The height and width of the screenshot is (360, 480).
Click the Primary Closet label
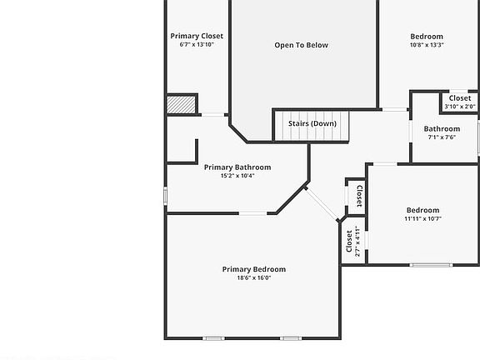(197, 36)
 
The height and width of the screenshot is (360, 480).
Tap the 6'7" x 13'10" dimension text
(197, 44)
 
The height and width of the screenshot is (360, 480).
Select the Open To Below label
(301, 45)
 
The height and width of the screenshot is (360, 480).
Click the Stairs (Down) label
(312, 123)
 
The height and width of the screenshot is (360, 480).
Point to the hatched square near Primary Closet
(181, 105)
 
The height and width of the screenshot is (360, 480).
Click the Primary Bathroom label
(237, 167)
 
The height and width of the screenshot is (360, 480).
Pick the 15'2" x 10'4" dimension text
(237, 176)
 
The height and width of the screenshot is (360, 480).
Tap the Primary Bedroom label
(254, 269)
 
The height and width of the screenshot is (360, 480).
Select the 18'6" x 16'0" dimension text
(254, 278)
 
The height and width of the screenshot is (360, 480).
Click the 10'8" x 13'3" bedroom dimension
(427, 45)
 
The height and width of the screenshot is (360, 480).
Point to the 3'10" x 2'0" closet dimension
(460, 107)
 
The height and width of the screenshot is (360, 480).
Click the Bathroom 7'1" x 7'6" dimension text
(442, 137)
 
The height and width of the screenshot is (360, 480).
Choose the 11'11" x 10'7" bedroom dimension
(422, 218)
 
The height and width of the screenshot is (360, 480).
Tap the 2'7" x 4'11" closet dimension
(357, 241)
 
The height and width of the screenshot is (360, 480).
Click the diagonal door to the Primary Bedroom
(322, 204)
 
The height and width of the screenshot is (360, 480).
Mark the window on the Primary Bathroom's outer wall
(165, 196)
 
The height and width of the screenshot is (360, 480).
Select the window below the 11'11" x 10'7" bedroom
(431, 265)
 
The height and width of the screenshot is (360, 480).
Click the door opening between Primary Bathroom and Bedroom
(252, 213)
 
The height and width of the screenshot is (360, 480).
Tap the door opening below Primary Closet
(212, 115)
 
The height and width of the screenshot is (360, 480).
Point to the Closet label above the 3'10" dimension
(460, 98)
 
